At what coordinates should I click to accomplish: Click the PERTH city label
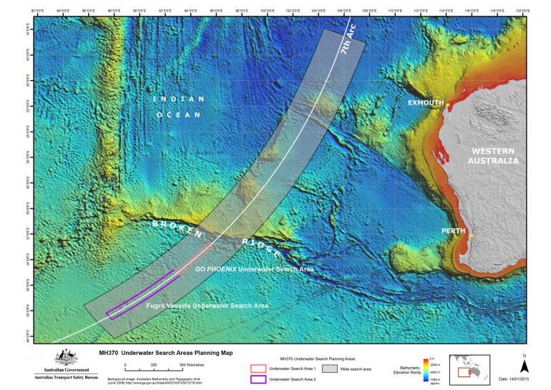tap(454, 231)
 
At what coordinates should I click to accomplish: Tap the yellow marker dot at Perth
tap(472, 235)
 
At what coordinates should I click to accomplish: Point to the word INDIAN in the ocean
tap(178, 99)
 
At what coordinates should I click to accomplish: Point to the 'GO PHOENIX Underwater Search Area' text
tap(255, 270)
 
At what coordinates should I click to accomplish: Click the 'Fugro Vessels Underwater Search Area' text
tap(207, 306)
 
